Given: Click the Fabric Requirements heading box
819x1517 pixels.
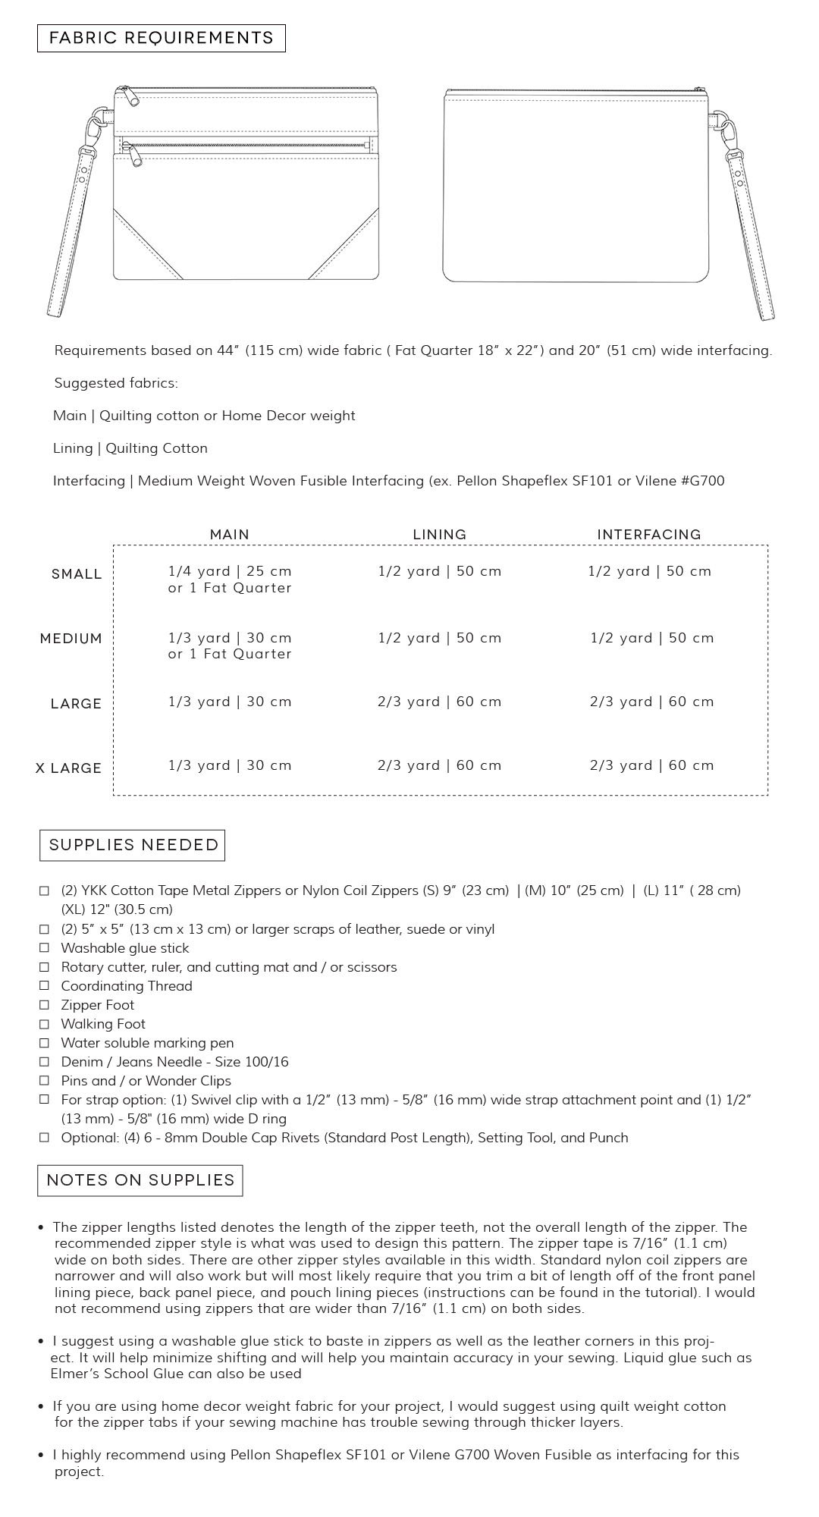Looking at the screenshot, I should point(162,39).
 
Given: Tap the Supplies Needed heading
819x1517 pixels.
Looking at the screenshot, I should point(133,845).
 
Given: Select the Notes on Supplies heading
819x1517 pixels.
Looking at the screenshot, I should point(140,1180).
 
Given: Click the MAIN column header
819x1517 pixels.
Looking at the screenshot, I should point(230,535).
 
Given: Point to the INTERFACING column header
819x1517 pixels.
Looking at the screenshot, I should point(649,535).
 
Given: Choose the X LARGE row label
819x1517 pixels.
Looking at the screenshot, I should point(69,768).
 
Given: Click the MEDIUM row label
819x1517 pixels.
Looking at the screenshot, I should point(71,639).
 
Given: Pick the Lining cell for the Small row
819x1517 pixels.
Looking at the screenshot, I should point(440,571).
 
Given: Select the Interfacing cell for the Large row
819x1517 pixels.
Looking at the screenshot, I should point(652,702).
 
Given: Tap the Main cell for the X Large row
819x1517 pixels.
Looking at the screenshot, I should point(230,765).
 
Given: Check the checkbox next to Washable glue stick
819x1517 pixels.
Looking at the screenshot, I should point(45,948).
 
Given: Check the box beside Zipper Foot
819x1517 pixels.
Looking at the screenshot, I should point(45,1005).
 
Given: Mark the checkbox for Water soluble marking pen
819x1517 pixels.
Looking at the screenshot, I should point(45,1043).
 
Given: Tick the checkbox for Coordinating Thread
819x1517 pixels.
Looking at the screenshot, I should point(45,986).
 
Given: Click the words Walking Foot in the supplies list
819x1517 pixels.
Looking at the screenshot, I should point(103,1024).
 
